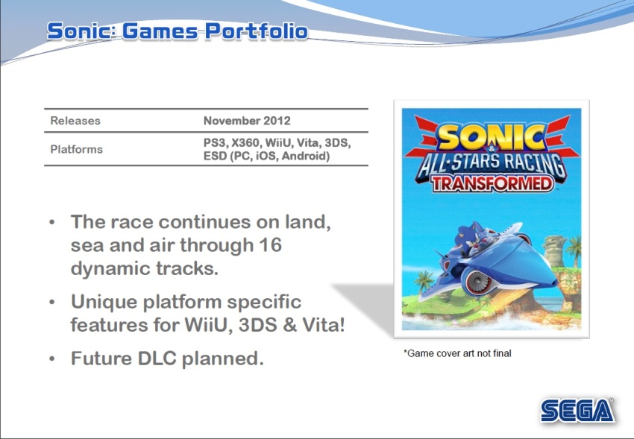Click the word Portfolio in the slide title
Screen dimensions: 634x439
coord(257,31)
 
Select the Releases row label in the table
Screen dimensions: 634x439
coord(75,121)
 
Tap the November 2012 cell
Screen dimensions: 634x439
coord(247,121)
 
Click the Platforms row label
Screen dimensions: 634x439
coord(76,149)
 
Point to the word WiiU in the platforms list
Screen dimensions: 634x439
coord(279,143)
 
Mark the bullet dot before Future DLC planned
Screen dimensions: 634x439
coord(51,359)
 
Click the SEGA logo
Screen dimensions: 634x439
coord(577,411)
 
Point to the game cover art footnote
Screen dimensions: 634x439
coord(457,353)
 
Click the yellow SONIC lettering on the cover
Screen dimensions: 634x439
coord(492,137)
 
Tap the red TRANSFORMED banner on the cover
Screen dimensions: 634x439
coord(492,183)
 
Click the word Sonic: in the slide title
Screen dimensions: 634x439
coord(81,31)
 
